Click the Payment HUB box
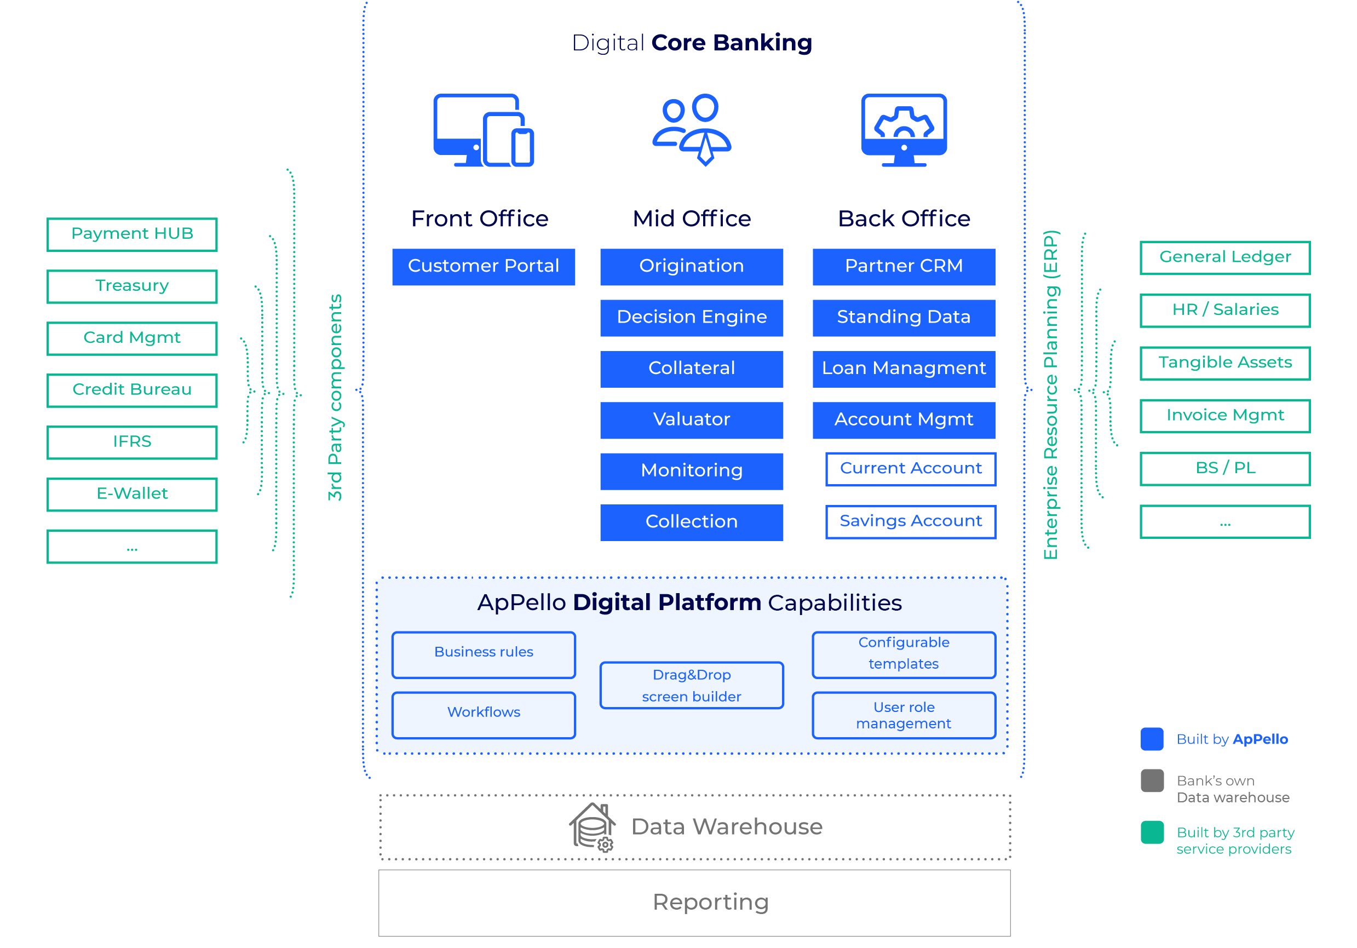click(132, 234)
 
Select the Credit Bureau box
click(132, 390)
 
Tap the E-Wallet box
click(132, 494)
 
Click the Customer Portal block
click(483, 267)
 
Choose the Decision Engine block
click(691, 318)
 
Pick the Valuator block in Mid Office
click(691, 420)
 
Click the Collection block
click(691, 522)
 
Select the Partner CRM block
click(903, 267)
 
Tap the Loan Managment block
click(903, 369)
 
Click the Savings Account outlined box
click(910, 521)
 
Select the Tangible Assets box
click(1224, 363)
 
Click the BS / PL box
click(1224, 468)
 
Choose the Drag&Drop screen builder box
click(691, 685)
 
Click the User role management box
click(903, 715)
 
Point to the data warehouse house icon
click(592, 826)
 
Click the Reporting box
click(694, 902)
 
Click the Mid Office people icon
click(691, 129)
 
